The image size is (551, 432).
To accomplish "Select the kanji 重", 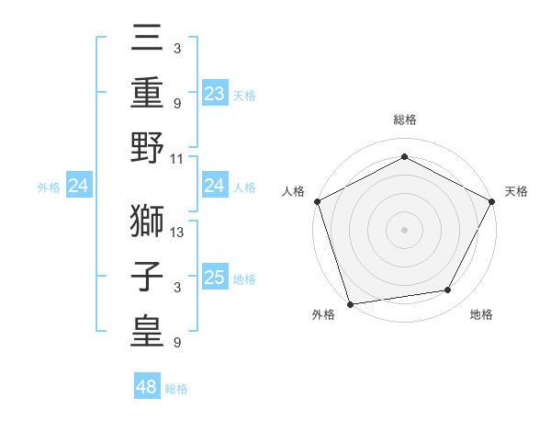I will [147, 94].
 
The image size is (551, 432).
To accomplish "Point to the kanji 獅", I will [147, 221].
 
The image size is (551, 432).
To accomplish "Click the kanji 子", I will [147, 276].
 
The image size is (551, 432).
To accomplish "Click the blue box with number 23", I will [215, 93].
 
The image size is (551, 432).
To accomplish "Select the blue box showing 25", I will [215, 278].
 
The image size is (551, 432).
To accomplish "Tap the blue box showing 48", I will [147, 387].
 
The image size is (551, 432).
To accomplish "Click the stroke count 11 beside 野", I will [177, 158].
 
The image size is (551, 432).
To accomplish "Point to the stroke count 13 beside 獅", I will [177, 233].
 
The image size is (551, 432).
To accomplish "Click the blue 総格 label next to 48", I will [176, 389].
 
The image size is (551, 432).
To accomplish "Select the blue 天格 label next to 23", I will [244, 95].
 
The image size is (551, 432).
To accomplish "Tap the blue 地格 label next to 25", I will [244, 279].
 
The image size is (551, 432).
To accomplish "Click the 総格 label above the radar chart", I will [405, 119].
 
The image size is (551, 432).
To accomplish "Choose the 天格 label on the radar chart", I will [516, 191].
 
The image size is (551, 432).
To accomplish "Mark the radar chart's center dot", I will [405, 229].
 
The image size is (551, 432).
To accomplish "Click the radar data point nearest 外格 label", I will [350, 304].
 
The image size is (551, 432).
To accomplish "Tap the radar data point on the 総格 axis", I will [405, 156].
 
